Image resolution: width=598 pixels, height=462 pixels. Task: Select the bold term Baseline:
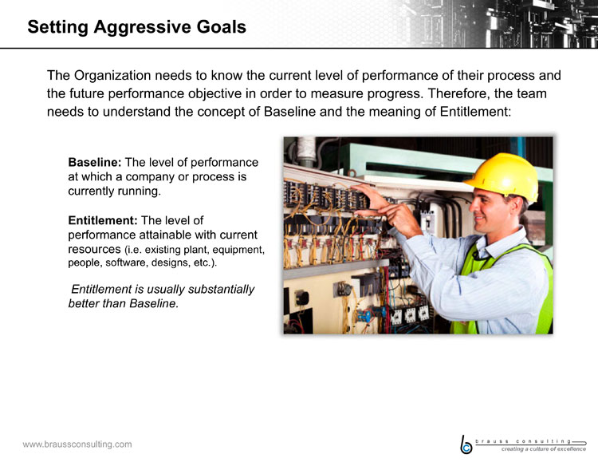pyautogui.click(x=95, y=162)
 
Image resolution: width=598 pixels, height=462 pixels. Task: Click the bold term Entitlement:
pyautogui.click(x=103, y=220)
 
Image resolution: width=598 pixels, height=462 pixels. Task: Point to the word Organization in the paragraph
pyautogui.click(x=112, y=76)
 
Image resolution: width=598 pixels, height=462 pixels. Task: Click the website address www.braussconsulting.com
pyautogui.click(x=77, y=444)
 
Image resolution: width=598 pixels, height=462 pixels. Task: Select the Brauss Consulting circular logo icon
pyautogui.click(x=466, y=445)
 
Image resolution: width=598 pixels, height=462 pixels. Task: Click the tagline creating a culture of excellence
pyautogui.click(x=544, y=449)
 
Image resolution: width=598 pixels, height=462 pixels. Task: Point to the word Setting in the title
pyautogui.click(x=58, y=27)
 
